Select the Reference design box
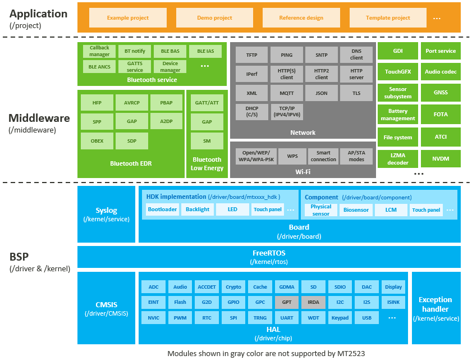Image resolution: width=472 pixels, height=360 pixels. click(301, 17)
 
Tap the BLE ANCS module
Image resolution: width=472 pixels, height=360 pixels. click(99, 66)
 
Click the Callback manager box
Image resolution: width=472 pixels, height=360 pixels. click(99, 51)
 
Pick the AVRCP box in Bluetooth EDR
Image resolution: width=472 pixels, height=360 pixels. click(132, 103)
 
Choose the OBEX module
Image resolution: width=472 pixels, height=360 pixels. click(97, 140)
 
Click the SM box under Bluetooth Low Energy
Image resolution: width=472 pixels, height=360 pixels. click(207, 140)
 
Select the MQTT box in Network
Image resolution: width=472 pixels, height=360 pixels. click(286, 93)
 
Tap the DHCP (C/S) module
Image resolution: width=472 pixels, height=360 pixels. click(251, 111)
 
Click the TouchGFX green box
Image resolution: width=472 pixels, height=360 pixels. click(397, 72)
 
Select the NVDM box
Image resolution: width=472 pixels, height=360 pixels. click(441, 158)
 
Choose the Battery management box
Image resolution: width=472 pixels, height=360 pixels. click(397, 115)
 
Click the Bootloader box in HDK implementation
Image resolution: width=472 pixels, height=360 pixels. click(162, 209)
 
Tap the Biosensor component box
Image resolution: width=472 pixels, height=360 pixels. click(356, 210)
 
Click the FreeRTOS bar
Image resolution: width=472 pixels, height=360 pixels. click(268, 257)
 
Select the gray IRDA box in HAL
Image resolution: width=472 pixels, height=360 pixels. click(313, 302)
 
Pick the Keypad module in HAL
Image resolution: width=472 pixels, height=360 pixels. click(340, 318)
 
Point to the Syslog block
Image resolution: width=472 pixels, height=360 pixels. click(106, 214)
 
